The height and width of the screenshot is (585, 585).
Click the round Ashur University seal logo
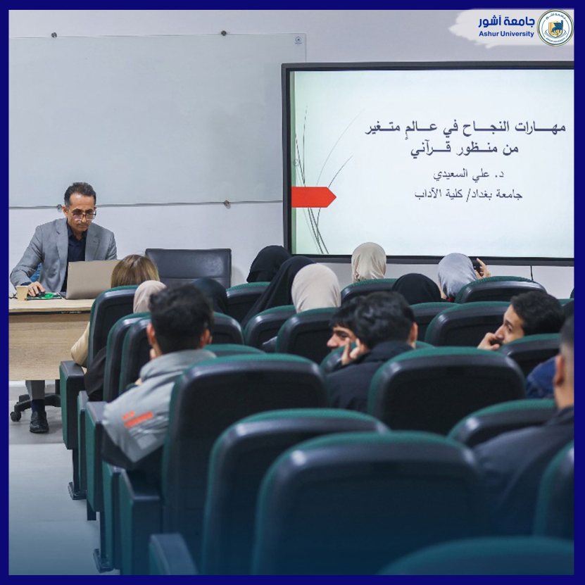(555, 27)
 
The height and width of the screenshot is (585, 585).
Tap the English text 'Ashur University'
(506, 34)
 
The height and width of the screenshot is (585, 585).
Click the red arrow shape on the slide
(313, 197)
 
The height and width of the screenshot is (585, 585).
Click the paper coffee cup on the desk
(22, 293)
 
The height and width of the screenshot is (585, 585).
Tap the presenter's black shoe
(39, 422)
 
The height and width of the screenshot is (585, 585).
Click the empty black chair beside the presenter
(189, 267)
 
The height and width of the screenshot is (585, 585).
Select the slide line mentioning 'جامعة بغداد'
(468, 194)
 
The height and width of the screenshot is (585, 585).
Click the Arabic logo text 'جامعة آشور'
(506, 22)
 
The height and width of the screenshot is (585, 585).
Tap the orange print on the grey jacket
(139, 418)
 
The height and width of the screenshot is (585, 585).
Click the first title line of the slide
(465, 128)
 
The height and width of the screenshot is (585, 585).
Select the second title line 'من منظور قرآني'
(465, 149)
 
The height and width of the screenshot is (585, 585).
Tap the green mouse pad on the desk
(45, 296)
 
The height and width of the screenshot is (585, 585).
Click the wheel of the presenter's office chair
(15, 416)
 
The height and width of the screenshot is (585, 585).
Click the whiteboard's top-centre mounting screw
(223, 33)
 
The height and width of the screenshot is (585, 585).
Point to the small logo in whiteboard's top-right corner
(298, 39)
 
